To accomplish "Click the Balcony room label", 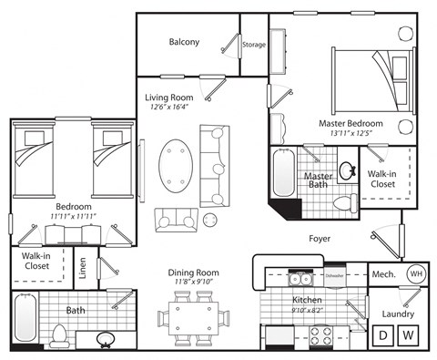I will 184,42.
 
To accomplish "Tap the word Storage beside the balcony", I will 254,44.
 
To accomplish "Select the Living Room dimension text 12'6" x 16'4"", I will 169,107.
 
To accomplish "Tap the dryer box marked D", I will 383,335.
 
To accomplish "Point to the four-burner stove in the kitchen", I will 320,336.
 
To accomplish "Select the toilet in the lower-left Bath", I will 60,334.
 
